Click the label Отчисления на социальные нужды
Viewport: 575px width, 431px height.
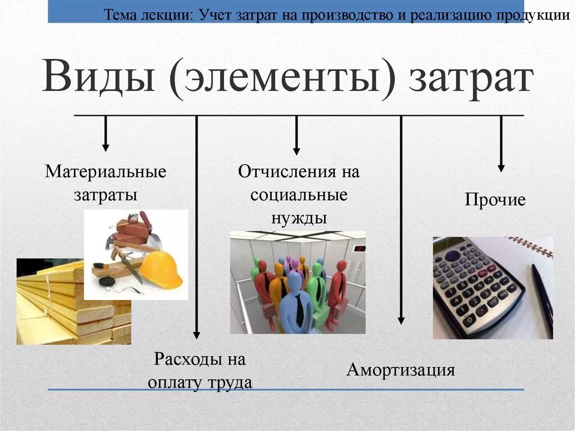click(298, 194)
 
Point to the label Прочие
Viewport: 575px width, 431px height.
click(495, 199)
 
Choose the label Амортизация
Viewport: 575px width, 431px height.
click(400, 370)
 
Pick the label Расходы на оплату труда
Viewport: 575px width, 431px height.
click(200, 371)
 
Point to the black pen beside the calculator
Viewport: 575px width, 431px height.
click(542, 298)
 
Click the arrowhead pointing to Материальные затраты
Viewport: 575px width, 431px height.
click(106, 147)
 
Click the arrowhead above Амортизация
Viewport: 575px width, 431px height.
click(401, 320)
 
